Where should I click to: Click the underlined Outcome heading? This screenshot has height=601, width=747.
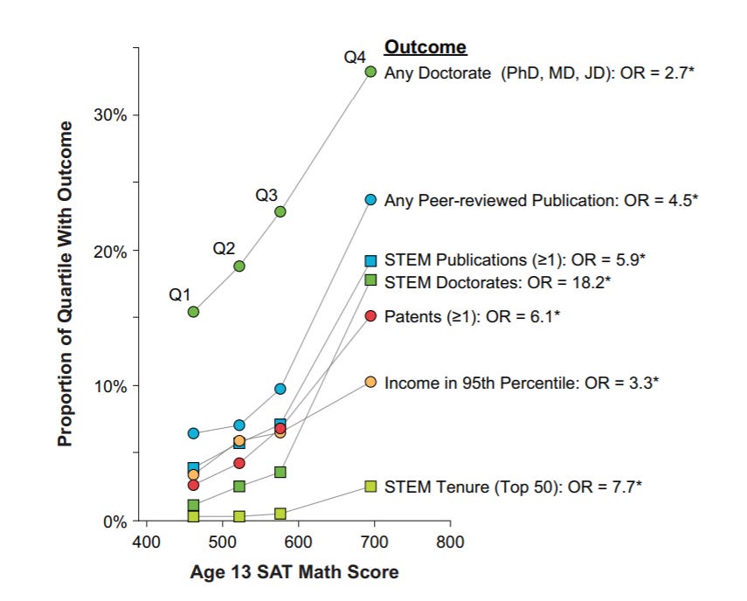click(425, 48)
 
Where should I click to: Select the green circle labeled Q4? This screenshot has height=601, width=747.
click(370, 72)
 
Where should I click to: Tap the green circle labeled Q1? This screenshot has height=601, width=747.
click(194, 312)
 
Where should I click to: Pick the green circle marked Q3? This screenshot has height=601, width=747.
click(280, 211)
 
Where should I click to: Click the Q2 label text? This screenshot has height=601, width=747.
click(225, 248)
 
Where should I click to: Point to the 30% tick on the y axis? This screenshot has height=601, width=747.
click(109, 115)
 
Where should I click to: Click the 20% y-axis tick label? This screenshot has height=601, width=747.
click(109, 251)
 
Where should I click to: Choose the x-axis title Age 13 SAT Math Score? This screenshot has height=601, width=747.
click(294, 573)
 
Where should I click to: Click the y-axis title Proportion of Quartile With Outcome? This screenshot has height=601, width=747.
click(66, 285)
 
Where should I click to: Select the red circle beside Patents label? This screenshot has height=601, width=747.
click(370, 315)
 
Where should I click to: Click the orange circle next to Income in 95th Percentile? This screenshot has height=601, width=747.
click(370, 383)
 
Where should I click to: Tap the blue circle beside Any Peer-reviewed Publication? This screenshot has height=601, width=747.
click(370, 200)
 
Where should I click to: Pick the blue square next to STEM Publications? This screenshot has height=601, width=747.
click(370, 260)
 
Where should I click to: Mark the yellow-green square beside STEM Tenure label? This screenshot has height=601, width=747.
click(370, 487)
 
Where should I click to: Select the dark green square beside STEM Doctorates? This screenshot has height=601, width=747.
click(370, 280)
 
